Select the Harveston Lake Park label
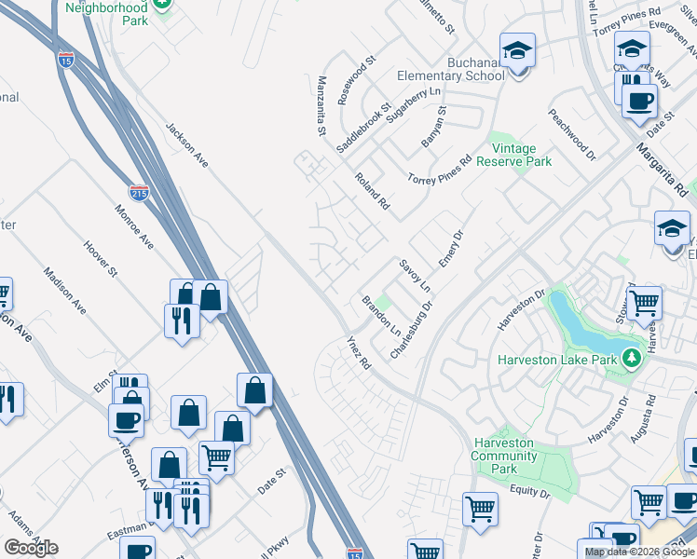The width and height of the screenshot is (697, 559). [x=557, y=360]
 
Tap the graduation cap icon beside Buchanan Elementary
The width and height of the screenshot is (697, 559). [x=516, y=50]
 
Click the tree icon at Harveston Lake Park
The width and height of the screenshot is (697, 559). [x=632, y=358]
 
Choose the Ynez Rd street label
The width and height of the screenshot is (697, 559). [x=359, y=354]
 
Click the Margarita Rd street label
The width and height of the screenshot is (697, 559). [x=663, y=162]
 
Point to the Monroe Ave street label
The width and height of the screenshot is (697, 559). [x=134, y=226]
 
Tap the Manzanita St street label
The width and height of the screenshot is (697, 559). [x=321, y=106]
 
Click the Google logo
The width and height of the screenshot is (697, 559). [x=32, y=548]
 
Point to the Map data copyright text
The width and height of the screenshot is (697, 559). [x=639, y=552]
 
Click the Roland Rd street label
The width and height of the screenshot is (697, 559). [x=371, y=191]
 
